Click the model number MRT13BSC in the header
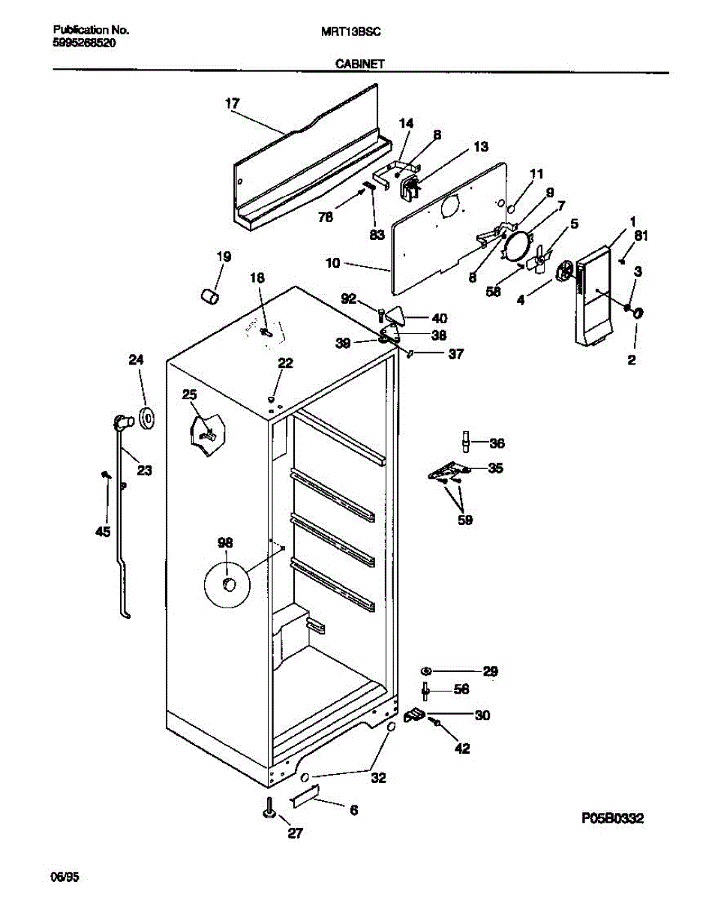point(351,31)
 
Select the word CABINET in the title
point(359,64)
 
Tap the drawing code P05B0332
point(612,818)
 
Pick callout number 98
point(225,541)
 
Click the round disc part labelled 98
point(228,583)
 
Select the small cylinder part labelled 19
point(209,296)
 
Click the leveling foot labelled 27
point(269,811)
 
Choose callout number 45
point(103,532)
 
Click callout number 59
point(465,519)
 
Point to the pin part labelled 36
point(465,442)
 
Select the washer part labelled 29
point(425,670)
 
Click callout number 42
point(462,747)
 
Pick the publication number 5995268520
point(85,43)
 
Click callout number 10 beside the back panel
point(332,263)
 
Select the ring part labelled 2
point(638,313)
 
